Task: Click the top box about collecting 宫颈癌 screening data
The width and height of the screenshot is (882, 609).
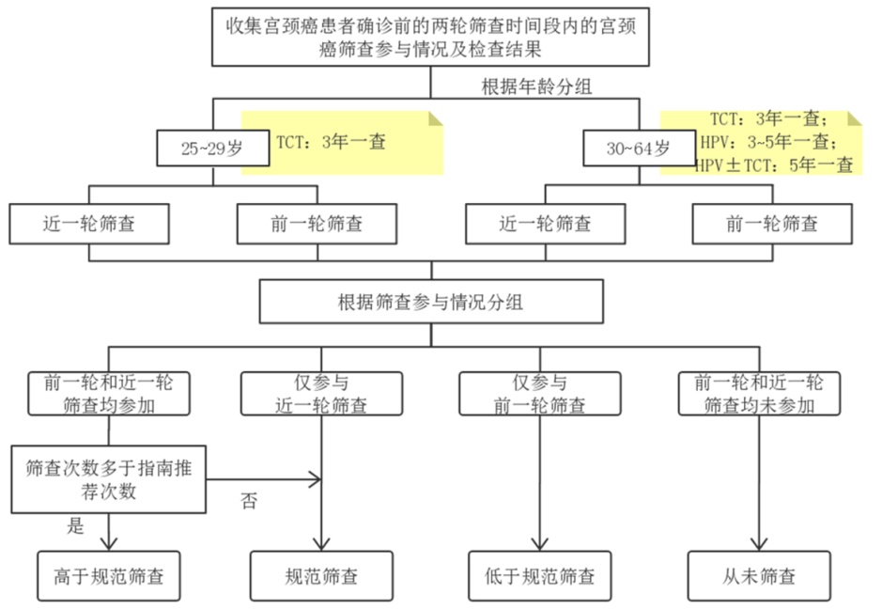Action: coord(430,36)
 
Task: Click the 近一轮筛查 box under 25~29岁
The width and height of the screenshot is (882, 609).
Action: coord(88,224)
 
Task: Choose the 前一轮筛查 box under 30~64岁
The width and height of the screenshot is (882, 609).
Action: coord(772,224)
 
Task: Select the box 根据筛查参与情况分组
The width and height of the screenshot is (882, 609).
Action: coord(430,302)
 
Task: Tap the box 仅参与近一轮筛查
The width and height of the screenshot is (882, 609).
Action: coord(321,394)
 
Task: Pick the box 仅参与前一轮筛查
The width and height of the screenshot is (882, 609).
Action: coord(539,394)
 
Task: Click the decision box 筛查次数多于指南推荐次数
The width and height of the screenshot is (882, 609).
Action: coord(109,479)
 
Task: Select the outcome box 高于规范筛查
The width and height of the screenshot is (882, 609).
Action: coord(109,574)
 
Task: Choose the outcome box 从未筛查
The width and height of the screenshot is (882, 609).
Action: coord(759,574)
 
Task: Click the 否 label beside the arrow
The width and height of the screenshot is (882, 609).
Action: coord(249,501)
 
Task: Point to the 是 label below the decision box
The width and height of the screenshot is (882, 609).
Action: coord(75,525)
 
